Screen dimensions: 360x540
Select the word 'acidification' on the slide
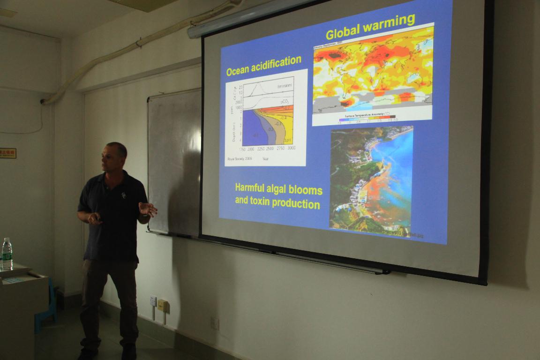(x=277, y=63)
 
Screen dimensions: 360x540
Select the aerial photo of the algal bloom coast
(x=371, y=180)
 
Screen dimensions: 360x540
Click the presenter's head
(x=114, y=157)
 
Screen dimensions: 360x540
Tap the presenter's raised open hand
(x=148, y=209)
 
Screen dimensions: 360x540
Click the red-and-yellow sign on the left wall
(x=7, y=153)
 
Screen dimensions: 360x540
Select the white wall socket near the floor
(x=153, y=300)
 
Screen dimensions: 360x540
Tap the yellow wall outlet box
(x=163, y=305)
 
